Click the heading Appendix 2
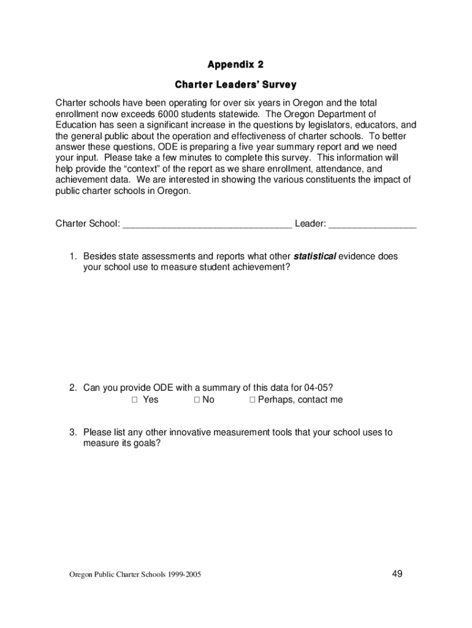click(235, 64)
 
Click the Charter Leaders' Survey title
click(235, 84)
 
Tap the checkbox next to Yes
click(134, 400)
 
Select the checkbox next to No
click(197, 400)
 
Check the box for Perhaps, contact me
click(252, 400)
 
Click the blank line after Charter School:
click(207, 224)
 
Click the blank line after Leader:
click(372, 224)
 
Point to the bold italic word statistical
click(314, 256)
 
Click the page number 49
click(397, 573)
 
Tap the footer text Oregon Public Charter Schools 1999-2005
click(135, 575)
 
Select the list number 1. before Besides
click(72, 256)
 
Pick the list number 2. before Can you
click(72, 388)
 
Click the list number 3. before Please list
click(72, 432)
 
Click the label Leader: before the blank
click(310, 223)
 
